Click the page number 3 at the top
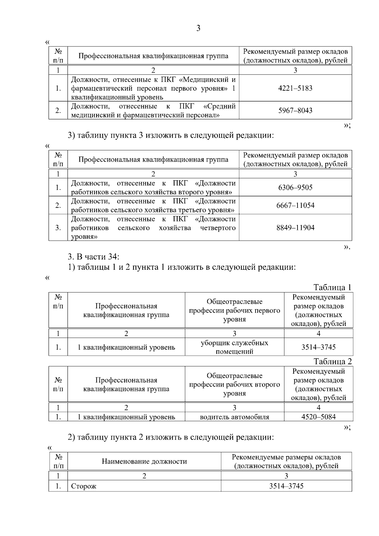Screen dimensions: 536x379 [x=198, y=28]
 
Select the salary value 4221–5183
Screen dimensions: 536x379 [x=295, y=88]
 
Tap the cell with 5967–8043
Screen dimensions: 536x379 [x=295, y=111]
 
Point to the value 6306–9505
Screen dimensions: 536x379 [x=295, y=188]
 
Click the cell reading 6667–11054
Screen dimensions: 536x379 [x=295, y=206]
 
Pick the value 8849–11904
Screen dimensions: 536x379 [x=295, y=228]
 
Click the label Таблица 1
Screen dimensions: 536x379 [x=332, y=287]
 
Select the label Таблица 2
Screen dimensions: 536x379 [x=332, y=362]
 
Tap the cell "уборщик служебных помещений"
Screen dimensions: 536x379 [x=234, y=347]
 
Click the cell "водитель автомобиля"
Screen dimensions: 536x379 [x=234, y=417]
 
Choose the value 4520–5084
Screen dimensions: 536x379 [x=318, y=417]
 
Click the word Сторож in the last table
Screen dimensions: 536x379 [x=84, y=486]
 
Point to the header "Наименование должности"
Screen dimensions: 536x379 [x=144, y=461]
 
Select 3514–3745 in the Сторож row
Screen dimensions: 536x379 [x=286, y=486]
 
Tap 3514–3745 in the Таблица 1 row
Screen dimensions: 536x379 [x=318, y=347]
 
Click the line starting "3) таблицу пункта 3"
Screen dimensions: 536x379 [x=171, y=136]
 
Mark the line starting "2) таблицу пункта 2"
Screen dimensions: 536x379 [x=171, y=437]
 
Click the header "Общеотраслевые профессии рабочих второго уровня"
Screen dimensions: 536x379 [x=234, y=384]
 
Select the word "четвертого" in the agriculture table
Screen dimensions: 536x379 [x=218, y=228]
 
